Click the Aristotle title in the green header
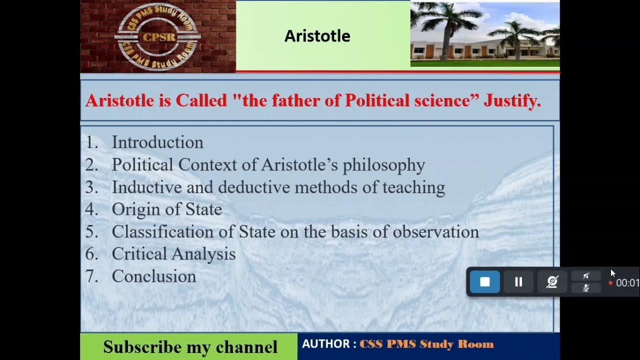317,36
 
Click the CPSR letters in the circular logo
158,36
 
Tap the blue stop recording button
484,282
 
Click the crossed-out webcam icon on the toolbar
552,282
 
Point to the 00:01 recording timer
627,283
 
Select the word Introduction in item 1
157,142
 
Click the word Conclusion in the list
154,276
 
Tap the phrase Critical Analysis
173,254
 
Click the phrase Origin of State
166,209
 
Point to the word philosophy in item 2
383,165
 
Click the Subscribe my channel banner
190,347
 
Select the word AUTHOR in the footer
325,344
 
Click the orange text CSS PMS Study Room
426,344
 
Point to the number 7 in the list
91,276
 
